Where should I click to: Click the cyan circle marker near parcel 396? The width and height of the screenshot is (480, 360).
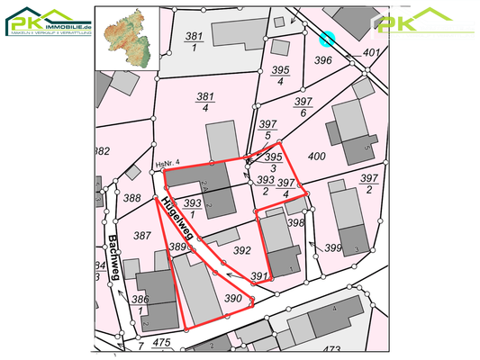[x=327, y=39]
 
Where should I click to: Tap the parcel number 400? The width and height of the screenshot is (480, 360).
[x=316, y=157]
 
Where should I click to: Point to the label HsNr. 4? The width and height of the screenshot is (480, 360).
[x=168, y=163]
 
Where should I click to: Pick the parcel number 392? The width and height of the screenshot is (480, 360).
[x=241, y=250]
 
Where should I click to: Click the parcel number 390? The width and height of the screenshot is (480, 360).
[x=233, y=298]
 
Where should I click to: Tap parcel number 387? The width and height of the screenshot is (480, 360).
[x=142, y=235]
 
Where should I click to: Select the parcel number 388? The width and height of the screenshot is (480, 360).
[x=132, y=198]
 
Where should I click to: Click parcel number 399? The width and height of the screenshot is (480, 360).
[x=333, y=247]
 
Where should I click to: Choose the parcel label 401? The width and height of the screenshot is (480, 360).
[x=371, y=52]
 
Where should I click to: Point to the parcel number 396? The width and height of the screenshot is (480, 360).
[x=324, y=60]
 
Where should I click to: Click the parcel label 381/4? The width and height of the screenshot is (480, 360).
[x=205, y=102]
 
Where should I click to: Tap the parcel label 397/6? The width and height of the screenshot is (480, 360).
[x=303, y=107]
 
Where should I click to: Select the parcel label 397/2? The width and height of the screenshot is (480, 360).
[x=367, y=184]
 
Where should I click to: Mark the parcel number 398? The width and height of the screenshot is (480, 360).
[x=295, y=221]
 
